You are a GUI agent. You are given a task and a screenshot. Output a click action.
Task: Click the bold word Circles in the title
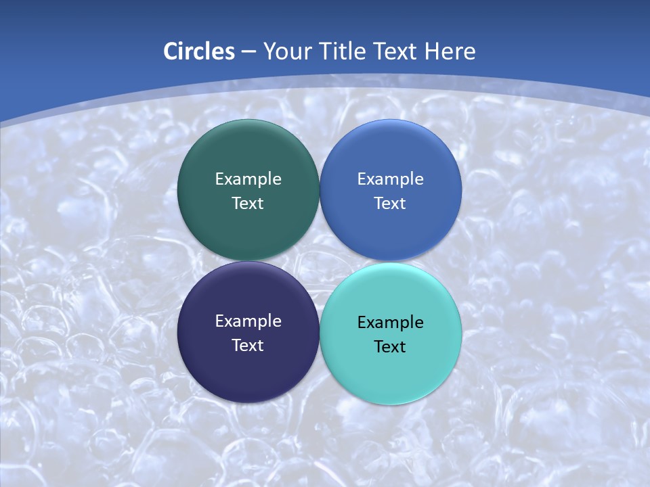click(199, 51)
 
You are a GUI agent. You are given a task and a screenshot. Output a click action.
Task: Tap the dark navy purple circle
click(248, 369)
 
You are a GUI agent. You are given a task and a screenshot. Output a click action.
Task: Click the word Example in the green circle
click(248, 179)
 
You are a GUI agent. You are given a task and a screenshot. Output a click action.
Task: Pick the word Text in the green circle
click(248, 204)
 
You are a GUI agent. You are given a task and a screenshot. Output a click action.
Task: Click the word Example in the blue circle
click(391, 179)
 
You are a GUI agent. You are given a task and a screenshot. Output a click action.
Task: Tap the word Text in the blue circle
click(391, 204)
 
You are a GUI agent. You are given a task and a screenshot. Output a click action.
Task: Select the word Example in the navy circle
click(248, 321)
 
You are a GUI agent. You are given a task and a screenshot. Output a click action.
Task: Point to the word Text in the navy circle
click(248, 346)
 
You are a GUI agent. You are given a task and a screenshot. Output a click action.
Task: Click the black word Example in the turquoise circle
click(391, 323)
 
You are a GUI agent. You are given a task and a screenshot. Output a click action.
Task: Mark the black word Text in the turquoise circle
click(391, 347)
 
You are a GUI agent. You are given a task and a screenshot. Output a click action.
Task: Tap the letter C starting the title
click(171, 51)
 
